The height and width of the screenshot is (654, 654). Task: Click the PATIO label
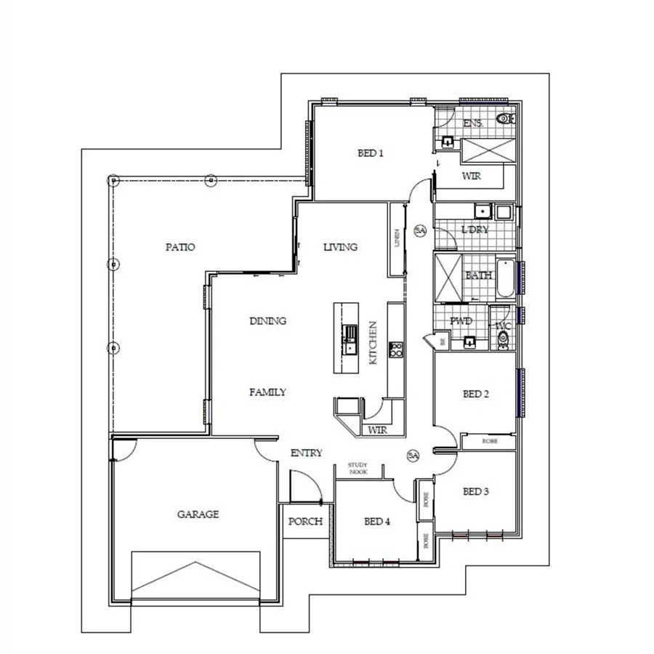pos(179,247)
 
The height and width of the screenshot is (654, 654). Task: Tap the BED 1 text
pos(370,153)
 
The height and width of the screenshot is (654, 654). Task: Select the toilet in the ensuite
pos(502,118)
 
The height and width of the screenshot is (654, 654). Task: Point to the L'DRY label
pos(475,230)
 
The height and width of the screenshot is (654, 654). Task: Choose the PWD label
pos(461,320)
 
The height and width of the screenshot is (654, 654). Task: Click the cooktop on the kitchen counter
pos(397,350)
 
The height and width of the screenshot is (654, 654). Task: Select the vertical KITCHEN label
pos(371,342)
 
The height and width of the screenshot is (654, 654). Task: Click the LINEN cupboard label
pos(397,239)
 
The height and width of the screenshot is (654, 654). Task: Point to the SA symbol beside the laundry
pos(419,230)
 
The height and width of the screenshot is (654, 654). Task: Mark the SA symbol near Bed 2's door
pos(413,456)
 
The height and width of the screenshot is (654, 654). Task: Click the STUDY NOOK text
pos(357,468)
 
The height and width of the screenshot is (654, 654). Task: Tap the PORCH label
pos(305,522)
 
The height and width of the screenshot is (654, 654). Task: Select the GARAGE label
pos(198,514)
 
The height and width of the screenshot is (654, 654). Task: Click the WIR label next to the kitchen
pos(376,430)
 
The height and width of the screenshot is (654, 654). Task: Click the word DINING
pos(267,320)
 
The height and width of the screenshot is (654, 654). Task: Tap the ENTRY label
pos(306,453)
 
